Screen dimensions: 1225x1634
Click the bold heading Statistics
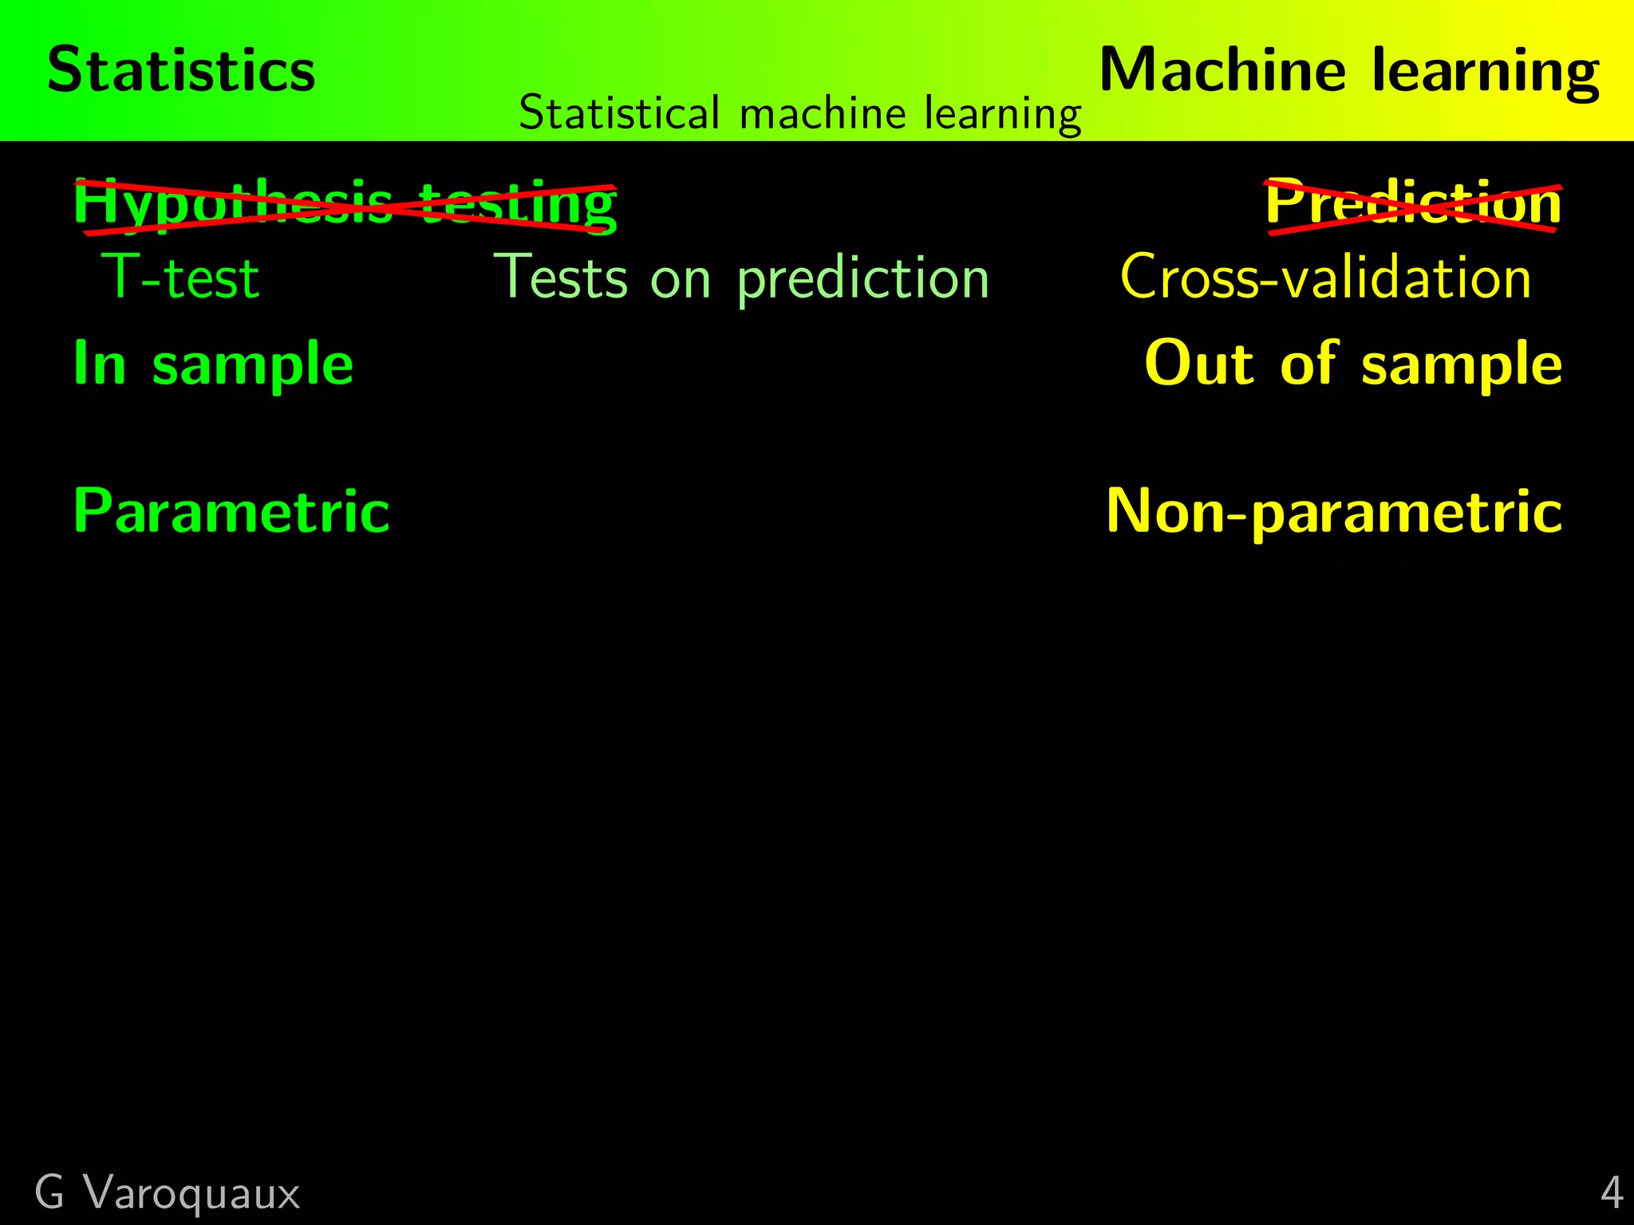pyautogui.click(x=181, y=70)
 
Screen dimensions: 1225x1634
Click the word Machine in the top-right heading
pyautogui.click(x=1222, y=70)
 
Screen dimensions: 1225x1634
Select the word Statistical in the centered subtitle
pyautogui.click(x=619, y=113)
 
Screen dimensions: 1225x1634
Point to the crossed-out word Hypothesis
pyautogui.click(x=232, y=204)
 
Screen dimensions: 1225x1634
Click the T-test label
pyautogui.click(x=181, y=278)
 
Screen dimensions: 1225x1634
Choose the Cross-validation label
pyautogui.click(x=1325, y=278)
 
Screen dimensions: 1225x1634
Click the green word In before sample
pyautogui.click(x=100, y=363)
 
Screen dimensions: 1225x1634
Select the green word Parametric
pyautogui.click(x=231, y=512)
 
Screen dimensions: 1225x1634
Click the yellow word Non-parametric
pyautogui.click(x=1333, y=512)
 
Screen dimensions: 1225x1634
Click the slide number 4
pyautogui.click(x=1612, y=1194)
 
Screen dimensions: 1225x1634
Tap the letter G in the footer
pyautogui.click(x=49, y=1194)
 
